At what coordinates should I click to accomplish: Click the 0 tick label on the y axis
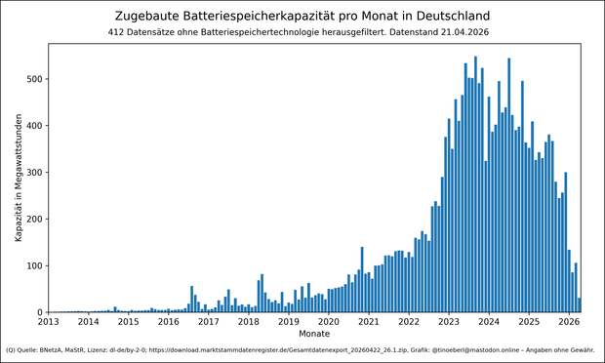pos(38,313)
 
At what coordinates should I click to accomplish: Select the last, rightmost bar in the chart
pos(579,305)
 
